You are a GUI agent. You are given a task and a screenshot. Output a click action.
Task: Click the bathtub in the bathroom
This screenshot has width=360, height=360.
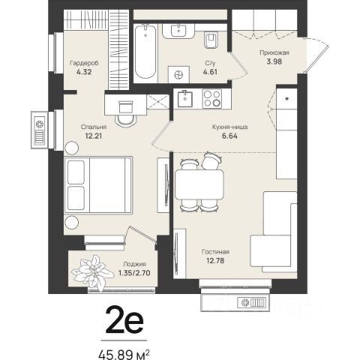145,52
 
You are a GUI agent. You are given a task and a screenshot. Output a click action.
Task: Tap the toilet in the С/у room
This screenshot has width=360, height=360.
211,40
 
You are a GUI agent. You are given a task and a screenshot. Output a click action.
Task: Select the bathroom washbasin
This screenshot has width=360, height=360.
178,31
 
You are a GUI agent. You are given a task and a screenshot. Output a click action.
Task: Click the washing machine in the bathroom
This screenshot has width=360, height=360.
178,74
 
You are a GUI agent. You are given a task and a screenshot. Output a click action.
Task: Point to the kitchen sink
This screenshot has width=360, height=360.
185,99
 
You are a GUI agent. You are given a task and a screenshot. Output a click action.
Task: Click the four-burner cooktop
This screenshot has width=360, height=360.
212,99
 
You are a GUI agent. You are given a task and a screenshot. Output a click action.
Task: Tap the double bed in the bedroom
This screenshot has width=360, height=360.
98,185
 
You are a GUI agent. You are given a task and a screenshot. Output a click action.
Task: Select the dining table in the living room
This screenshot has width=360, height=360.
199,184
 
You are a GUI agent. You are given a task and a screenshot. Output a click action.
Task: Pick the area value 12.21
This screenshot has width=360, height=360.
92,136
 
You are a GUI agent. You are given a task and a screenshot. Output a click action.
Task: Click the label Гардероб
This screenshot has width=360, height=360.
84,63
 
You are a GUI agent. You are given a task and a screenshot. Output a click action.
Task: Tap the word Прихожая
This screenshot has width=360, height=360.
274,52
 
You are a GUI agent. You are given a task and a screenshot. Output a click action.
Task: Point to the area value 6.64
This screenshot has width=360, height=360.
229,136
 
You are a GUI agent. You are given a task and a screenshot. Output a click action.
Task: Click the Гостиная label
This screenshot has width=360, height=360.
215,252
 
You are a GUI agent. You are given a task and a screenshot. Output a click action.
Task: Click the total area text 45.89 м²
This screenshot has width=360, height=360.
124,355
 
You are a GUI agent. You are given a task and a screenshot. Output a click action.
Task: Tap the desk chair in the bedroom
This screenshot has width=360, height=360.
126,114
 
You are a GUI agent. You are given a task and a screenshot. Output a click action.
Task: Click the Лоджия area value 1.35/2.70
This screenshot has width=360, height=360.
134,273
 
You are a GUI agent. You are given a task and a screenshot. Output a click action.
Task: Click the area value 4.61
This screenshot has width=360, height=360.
210,72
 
